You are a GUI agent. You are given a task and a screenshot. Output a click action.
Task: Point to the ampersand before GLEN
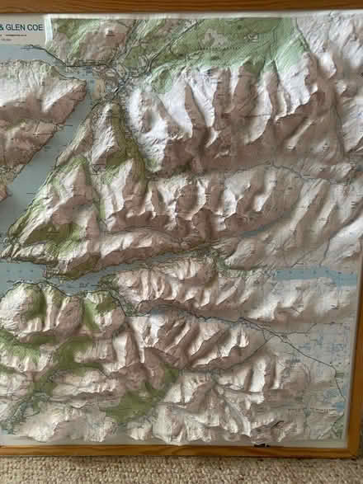point(2,27)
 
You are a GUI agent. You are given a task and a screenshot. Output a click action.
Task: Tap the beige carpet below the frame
point(181,470)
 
